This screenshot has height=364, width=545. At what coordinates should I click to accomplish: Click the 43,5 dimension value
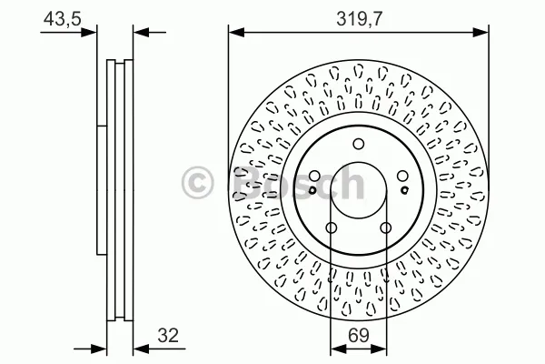point(62,18)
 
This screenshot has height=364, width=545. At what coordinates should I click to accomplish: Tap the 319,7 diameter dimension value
point(359,18)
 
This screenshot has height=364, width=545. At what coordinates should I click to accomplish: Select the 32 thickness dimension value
point(168,335)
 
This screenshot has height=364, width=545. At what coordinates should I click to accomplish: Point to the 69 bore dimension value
point(359,335)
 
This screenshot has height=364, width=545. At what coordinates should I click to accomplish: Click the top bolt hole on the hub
point(359,144)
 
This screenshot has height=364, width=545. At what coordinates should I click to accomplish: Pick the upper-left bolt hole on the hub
point(314,176)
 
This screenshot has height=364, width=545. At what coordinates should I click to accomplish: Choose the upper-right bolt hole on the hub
point(402,176)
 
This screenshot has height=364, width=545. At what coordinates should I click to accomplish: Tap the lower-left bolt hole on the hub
point(332,227)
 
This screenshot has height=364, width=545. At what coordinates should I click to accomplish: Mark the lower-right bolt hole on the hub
point(386,227)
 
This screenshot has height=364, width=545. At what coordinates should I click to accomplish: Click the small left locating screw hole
point(312,190)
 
